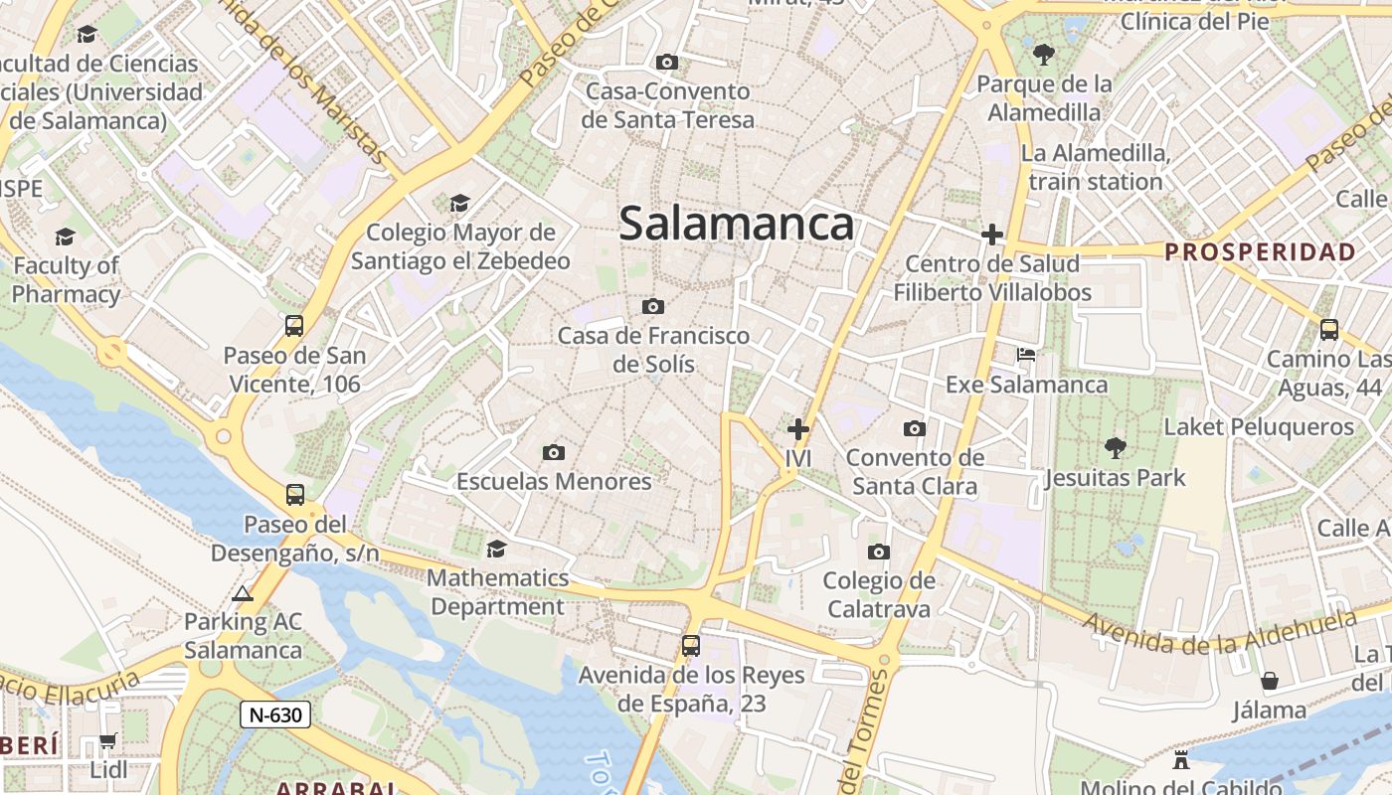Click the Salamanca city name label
point(736,225)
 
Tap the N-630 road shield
point(274,714)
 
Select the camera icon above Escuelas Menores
point(554,453)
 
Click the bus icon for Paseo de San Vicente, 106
point(294,326)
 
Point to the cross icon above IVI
point(797,429)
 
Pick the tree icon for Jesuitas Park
point(1116,448)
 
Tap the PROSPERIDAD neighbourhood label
point(1260,251)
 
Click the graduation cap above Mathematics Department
point(496,549)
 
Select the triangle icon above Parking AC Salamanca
point(242,594)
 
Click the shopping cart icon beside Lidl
point(107,741)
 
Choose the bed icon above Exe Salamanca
point(1026,355)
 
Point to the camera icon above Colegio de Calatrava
point(878,552)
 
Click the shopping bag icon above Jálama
point(1269,681)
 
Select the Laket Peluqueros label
point(1259,427)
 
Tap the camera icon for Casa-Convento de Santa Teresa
point(667,63)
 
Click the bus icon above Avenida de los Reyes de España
point(691,646)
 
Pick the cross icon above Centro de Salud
point(991,235)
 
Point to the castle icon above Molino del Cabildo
point(1181,760)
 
